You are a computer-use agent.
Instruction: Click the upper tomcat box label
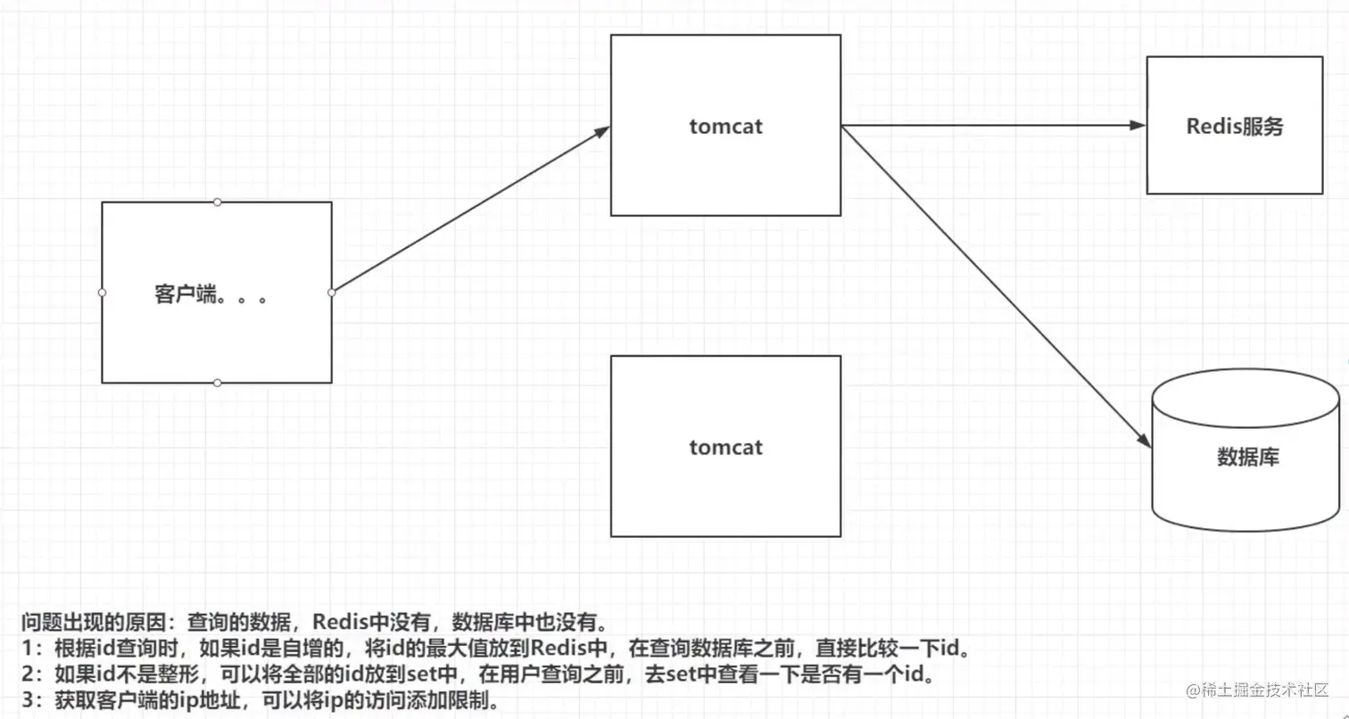pos(725,127)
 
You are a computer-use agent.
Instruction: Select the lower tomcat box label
pos(725,447)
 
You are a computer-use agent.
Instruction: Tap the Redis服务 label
pos(1234,127)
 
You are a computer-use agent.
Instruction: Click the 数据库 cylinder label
pos(1248,459)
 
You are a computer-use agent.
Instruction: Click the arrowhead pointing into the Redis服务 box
pos(1138,126)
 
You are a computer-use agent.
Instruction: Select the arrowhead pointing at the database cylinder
pos(1141,438)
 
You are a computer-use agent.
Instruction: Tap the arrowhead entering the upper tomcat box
pos(602,131)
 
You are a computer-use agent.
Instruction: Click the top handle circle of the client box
pos(217,202)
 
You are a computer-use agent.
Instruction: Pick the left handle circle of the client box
pos(102,292)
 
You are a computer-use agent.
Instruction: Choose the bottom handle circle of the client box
pos(217,383)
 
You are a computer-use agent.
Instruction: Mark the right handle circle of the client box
pos(332,292)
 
